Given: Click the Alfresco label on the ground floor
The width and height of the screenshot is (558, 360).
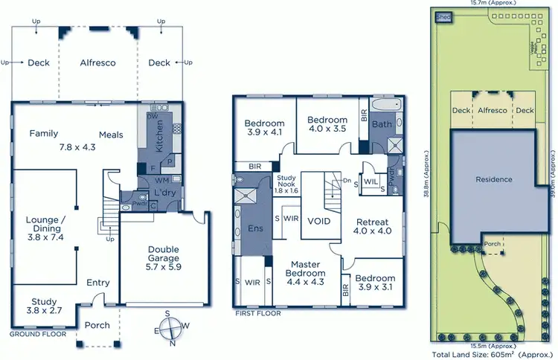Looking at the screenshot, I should click(98, 63).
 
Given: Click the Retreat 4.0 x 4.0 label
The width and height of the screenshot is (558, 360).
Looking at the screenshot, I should click(372, 226).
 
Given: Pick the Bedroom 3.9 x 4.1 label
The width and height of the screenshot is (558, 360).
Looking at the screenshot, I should click(264, 127).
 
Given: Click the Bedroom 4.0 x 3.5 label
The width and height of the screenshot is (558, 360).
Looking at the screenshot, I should click(327, 124).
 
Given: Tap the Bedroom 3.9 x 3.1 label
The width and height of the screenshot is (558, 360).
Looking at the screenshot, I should click(376, 283).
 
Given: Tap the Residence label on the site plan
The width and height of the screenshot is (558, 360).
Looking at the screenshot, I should click(494, 179).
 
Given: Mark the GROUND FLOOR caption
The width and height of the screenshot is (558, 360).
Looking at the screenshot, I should click(37, 335).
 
